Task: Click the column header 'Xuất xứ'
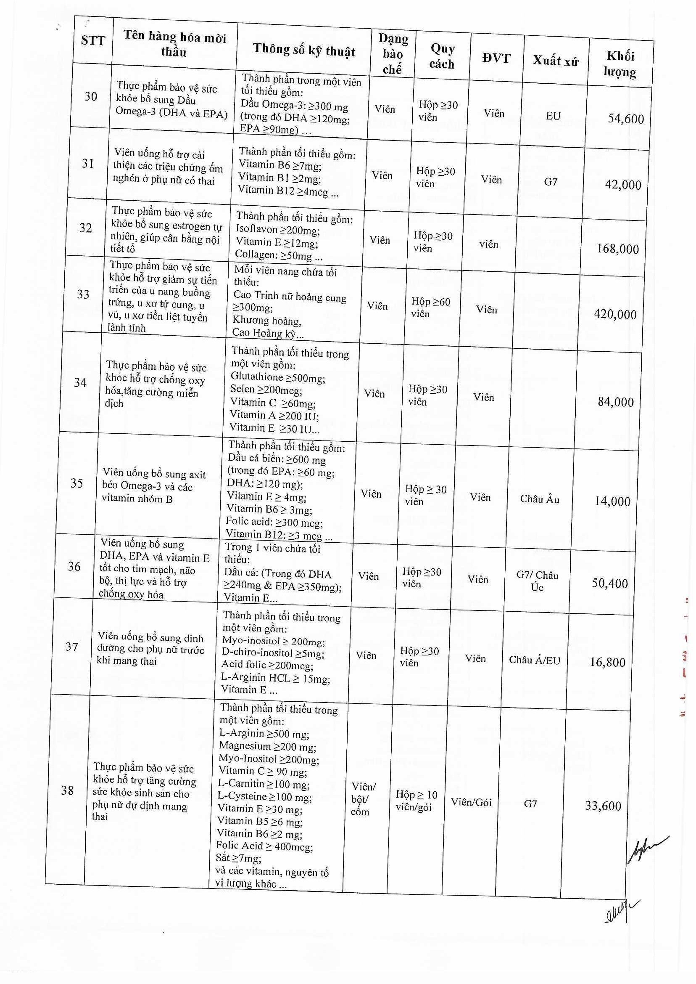click(x=556, y=61)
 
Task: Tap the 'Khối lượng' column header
click(x=620, y=64)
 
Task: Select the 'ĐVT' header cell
click(x=496, y=58)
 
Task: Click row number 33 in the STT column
click(x=83, y=294)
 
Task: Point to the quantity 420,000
click(x=615, y=314)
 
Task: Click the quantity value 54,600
click(x=626, y=119)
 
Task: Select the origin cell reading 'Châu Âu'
click(x=540, y=499)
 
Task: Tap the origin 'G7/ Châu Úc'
click(x=537, y=581)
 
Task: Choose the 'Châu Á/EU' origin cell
click(x=535, y=660)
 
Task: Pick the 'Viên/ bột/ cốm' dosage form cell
click(x=363, y=799)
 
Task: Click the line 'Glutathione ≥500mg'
click(x=278, y=377)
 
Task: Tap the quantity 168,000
click(x=617, y=249)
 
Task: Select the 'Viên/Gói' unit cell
click(x=471, y=802)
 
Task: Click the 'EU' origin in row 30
click(x=553, y=116)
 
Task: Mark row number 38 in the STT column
click(x=67, y=790)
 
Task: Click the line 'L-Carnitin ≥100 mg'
click(x=264, y=785)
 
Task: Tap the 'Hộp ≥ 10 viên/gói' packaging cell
click(x=416, y=801)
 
